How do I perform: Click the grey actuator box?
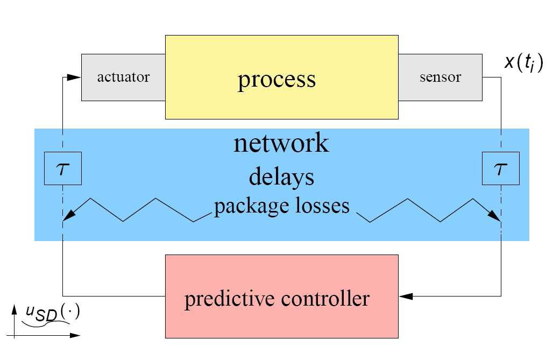(123, 77)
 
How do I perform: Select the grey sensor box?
(440, 77)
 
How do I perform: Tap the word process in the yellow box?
(277, 80)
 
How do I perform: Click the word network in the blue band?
(281, 143)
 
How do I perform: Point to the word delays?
(281, 177)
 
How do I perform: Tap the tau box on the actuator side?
(63, 168)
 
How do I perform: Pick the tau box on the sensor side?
(501, 168)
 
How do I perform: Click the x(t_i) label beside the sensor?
(524, 63)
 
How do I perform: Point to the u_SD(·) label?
(53, 313)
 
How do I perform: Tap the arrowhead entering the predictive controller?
(406, 297)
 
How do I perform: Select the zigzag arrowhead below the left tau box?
(69, 215)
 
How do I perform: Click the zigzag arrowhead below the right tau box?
(494, 215)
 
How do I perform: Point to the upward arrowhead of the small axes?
(14, 309)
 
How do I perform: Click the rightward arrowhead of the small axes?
(75, 335)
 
